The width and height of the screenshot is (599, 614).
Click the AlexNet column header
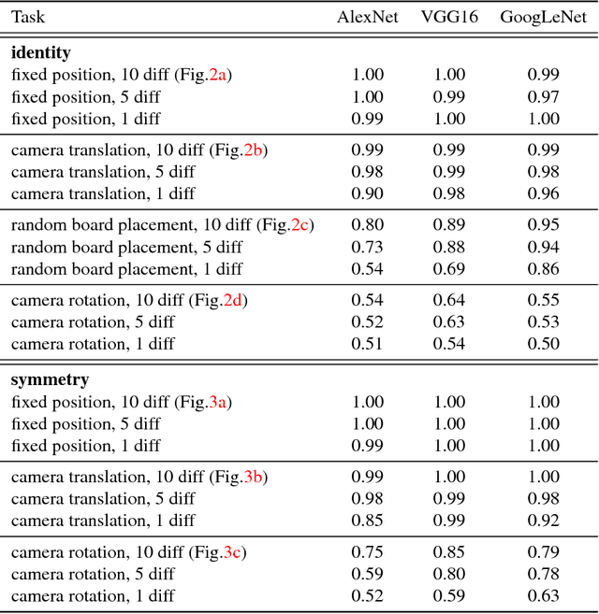(x=368, y=18)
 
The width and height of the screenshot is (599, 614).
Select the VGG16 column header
(x=449, y=18)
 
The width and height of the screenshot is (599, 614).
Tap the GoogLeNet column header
(x=544, y=18)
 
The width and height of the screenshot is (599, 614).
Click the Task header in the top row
(x=27, y=18)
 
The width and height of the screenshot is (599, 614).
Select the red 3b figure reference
(x=254, y=478)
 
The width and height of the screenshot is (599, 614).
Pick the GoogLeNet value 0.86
(x=544, y=269)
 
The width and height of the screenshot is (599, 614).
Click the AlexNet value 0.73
(x=368, y=248)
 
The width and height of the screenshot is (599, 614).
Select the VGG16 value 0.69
(x=449, y=269)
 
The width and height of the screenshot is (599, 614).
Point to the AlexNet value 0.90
(x=368, y=194)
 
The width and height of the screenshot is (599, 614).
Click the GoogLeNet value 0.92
(x=544, y=521)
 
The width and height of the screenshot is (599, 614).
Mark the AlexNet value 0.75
(x=368, y=552)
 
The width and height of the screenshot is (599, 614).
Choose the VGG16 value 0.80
(x=449, y=574)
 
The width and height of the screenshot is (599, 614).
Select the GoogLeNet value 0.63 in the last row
(x=544, y=596)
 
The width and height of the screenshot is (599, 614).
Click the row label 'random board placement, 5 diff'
(x=125, y=248)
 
